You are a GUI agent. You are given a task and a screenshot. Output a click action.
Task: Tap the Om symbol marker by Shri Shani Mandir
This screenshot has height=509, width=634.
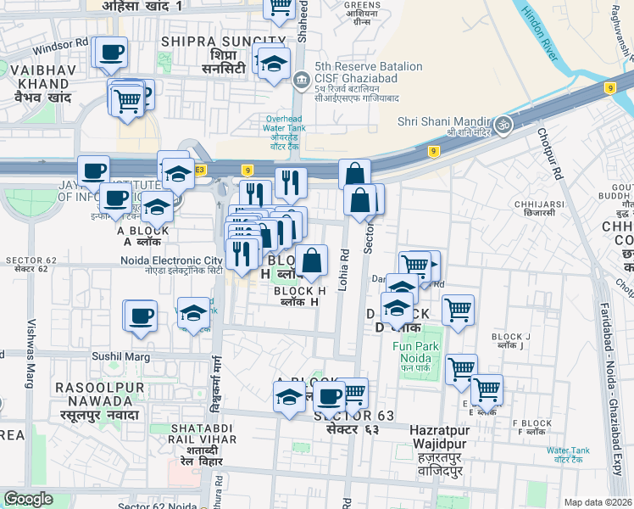(504, 124)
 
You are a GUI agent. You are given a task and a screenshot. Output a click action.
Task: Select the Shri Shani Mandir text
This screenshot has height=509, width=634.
(446, 121)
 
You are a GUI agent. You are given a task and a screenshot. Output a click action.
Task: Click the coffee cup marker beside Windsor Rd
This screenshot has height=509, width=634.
(111, 53)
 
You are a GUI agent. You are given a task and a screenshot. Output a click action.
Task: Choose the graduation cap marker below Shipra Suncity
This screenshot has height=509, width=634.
(274, 64)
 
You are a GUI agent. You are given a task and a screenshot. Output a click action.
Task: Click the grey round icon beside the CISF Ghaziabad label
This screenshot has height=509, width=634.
(301, 81)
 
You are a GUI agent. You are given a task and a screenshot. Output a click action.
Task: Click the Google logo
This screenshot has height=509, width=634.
(29, 499)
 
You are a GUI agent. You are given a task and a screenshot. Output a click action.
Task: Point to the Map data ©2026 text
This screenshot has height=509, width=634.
(598, 502)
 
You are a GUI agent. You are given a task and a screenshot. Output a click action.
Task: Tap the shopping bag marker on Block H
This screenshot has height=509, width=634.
(312, 260)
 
